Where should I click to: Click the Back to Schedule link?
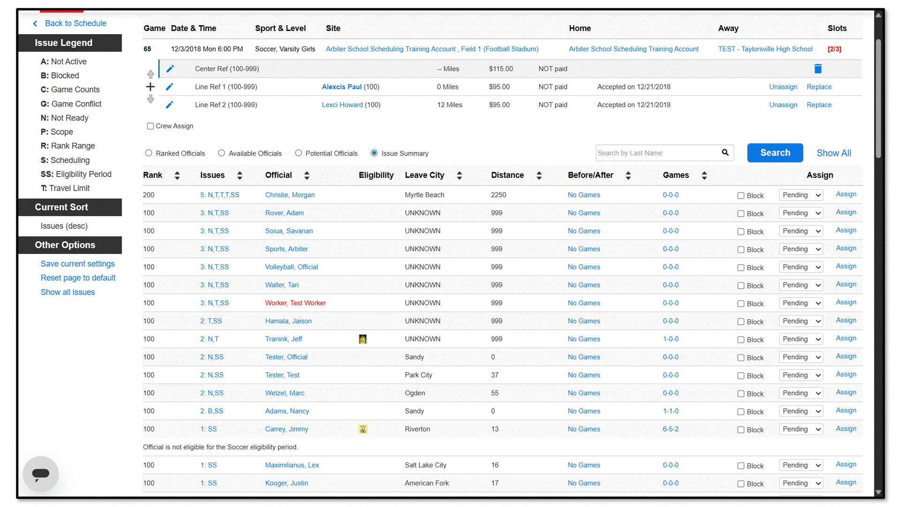pyautogui.click(x=75, y=23)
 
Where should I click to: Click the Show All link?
pyautogui.click(x=833, y=153)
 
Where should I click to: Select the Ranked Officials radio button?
pyautogui.click(x=149, y=153)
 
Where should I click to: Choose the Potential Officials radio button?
pyautogui.click(x=298, y=153)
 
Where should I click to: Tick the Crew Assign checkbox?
pyautogui.click(x=150, y=126)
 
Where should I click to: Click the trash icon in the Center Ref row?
pyautogui.click(x=818, y=69)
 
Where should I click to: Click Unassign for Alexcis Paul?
pyautogui.click(x=783, y=87)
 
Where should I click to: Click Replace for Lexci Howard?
pyautogui.click(x=819, y=105)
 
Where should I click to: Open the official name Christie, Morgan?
pyautogui.click(x=290, y=195)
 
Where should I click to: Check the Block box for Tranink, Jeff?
pyautogui.click(x=741, y=339)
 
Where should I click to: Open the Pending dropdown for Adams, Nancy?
pyautogui.click(x=801, y=411)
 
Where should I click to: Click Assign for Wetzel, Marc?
pyautogui.click(x=846, y=392)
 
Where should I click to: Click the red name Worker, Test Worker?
pyautogui.click(x=295, y=303)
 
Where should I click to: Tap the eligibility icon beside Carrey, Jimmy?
pyautogui.click(x=363, y=429)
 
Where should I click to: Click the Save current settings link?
pyautogui.click(x=77, y=264)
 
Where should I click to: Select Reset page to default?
pyautogui.click(x=78, y=278)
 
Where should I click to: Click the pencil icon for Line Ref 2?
pyautogui.click(x=169, y=105)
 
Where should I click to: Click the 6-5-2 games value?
pyautogui.click(x=671, y=429)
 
